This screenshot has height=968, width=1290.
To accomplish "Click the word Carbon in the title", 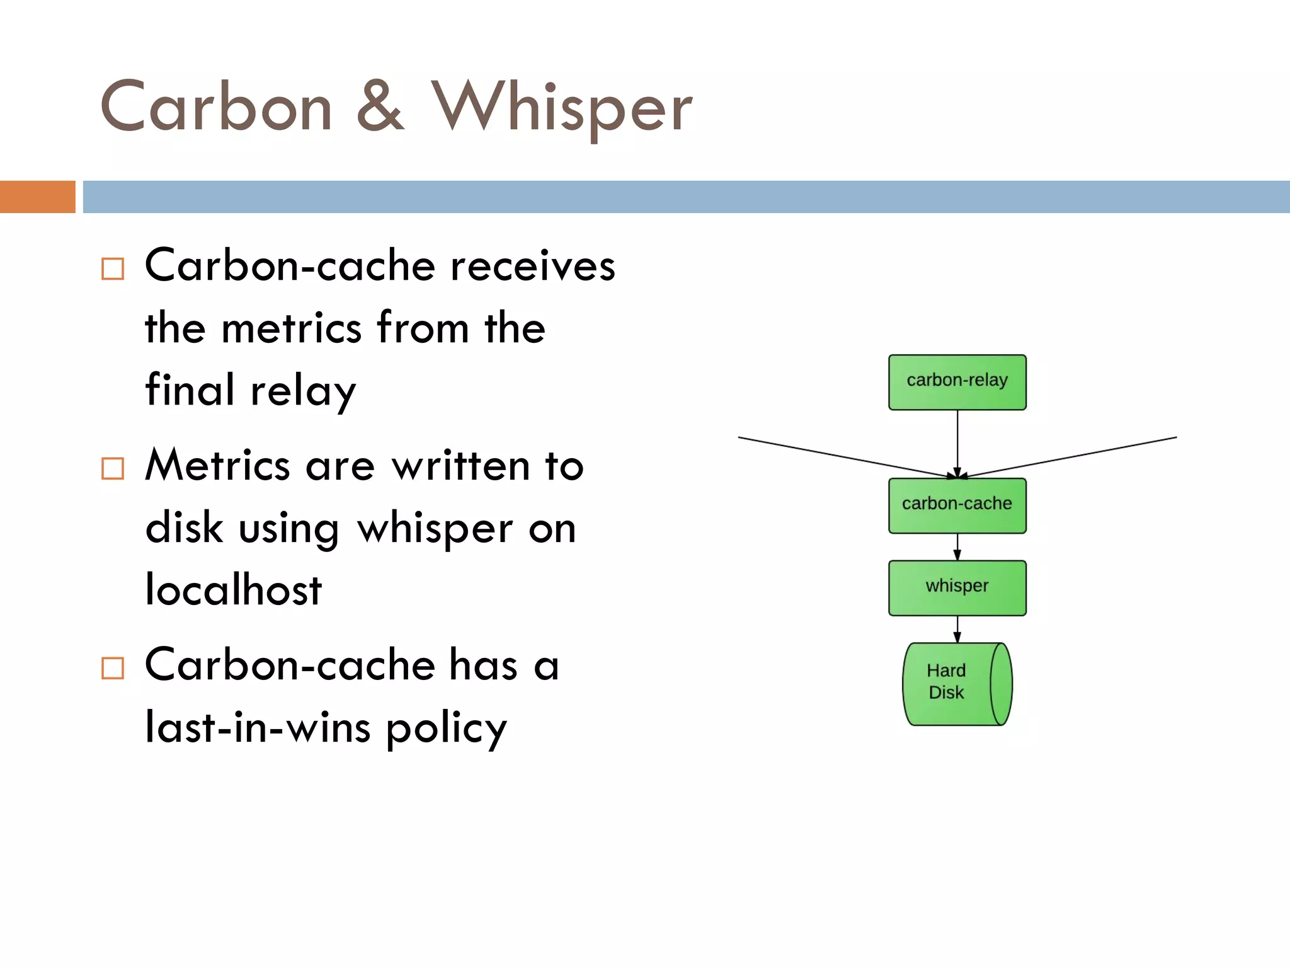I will (x=216, y=107).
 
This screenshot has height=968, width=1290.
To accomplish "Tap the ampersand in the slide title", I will (x=380, y=107).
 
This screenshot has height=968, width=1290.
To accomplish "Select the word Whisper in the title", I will (x=561, y=108).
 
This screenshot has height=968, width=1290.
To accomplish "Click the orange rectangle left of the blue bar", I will (x=37, y=197).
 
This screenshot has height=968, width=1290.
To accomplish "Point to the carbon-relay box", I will (x=957, y=382).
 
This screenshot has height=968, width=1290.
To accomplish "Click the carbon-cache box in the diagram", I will (x=957, y=505).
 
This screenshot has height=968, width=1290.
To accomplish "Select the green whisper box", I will (x=957, y=587).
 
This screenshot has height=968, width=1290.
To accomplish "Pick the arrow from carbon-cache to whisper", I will (x=957, y=546).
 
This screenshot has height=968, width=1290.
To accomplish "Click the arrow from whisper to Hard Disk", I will (x=957, y=628).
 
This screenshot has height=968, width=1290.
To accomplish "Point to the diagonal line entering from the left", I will (x=838, y=456).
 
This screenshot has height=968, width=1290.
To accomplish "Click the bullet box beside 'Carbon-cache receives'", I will (x=113, y=269).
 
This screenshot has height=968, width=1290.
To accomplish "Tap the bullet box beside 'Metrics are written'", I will (x=113, y=468).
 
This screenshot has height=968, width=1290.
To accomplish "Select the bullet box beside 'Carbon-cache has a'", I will (x=113, y=668).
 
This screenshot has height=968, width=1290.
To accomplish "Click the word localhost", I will (x=233, y=590).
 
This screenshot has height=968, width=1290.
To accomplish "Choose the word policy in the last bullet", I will (x=446, y=728).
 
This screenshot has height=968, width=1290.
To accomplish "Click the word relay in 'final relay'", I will (x=303, y=391).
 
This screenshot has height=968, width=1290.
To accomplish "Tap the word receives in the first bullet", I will (x=532, y=266).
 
